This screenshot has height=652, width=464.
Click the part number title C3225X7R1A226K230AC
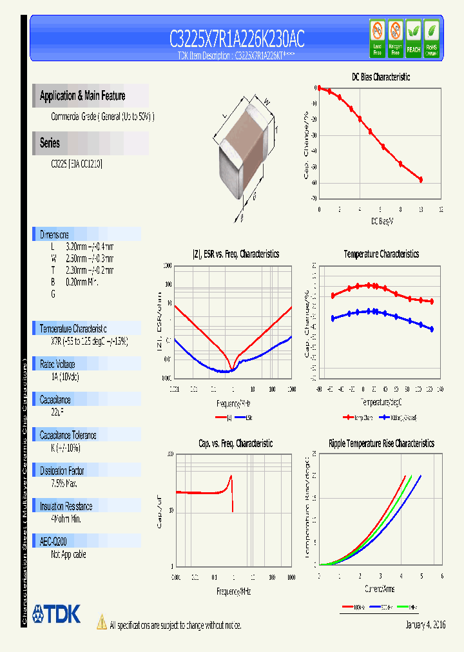[x=237, y=40]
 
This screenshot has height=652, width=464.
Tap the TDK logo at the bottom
[x=57, y=614]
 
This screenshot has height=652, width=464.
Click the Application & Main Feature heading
[x=82, y=96]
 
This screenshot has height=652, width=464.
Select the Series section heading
[x=50, y=143]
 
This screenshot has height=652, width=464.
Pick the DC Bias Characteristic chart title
[x=380, y=77]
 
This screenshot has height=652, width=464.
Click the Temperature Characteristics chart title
[x=381, y=254]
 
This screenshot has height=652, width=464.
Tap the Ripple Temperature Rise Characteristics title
[x=381, y=443]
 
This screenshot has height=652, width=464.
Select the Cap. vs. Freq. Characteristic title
[x=235, y=443]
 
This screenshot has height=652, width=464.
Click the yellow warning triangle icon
[x=101, y=622]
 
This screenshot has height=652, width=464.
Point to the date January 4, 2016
[x=425, y=625]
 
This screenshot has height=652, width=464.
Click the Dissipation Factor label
[x=62, y=470]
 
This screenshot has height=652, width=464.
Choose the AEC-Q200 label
[x=53, y=542]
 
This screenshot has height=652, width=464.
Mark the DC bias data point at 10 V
[x=421, y=180]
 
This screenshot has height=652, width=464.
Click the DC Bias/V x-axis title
[x=382, y=221]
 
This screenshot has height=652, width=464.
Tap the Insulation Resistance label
[x=66, y=506]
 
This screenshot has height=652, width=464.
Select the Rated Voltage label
[x=57, y=364]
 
